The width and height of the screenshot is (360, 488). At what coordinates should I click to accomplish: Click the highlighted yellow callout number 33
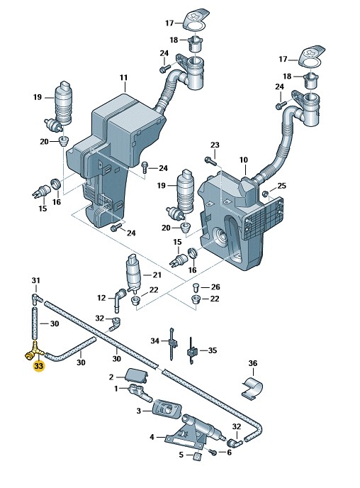pyautogui.click(x=38, y=366)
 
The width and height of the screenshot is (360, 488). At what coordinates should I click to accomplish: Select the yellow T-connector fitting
pyautogui.click(x=32, y=351)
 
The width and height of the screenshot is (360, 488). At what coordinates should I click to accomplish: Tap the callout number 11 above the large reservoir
pyautogui.click(x=124, y=77)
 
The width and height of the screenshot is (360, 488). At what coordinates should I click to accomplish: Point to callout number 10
pyautogui.click(x=244, y=160)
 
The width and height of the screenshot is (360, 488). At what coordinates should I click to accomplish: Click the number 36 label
pyautogui.click(x=253, y=363)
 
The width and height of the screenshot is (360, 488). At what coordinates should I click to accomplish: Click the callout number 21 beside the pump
pyautogui.click(x=157, y=274)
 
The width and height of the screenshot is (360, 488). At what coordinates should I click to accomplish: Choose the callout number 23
pyautogui.click(x=215, y=145)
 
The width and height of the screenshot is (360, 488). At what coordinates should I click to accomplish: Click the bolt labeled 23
pyautogui.click(x=210, y=161)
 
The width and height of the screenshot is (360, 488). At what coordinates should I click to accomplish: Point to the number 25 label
pyautogui.click(x=281, y=186)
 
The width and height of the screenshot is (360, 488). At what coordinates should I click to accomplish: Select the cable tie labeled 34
pyautogui.click(x=172, y=344)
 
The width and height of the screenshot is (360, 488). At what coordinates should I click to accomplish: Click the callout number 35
pyautogui.click(x=213, y=350)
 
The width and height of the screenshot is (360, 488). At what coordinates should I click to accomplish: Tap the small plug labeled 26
pyautogui.click(x=196, y=287)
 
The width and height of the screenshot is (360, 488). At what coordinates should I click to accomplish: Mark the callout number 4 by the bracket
pyautogui.click(x=152, y=437)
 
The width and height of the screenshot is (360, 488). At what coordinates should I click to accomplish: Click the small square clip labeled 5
pyautogui.click(x=198, y=456)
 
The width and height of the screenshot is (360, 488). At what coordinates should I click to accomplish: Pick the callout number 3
pyautogui.click(x=139, y=411)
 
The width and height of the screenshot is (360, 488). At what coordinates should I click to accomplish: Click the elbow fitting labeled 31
pyautogui.click(x=37, y=298)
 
